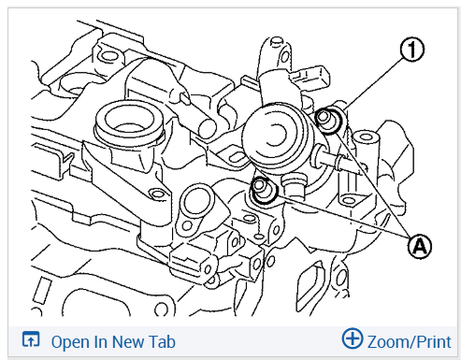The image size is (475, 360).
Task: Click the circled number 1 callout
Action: [x=412, y=50]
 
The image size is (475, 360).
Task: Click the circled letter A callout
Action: [x=420, y=247]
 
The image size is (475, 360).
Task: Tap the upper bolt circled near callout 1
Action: [x=327, y=121]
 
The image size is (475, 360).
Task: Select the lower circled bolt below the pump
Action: [x=264, y=190]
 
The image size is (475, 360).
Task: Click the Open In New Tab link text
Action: [x=113, y=341]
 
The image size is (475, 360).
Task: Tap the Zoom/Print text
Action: [x=409, y=342]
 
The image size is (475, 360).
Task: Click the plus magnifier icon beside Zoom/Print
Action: [x=353, y=338]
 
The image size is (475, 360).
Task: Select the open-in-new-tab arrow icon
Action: [x=31, y=339]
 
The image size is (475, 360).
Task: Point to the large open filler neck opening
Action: [x=129, y=121]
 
